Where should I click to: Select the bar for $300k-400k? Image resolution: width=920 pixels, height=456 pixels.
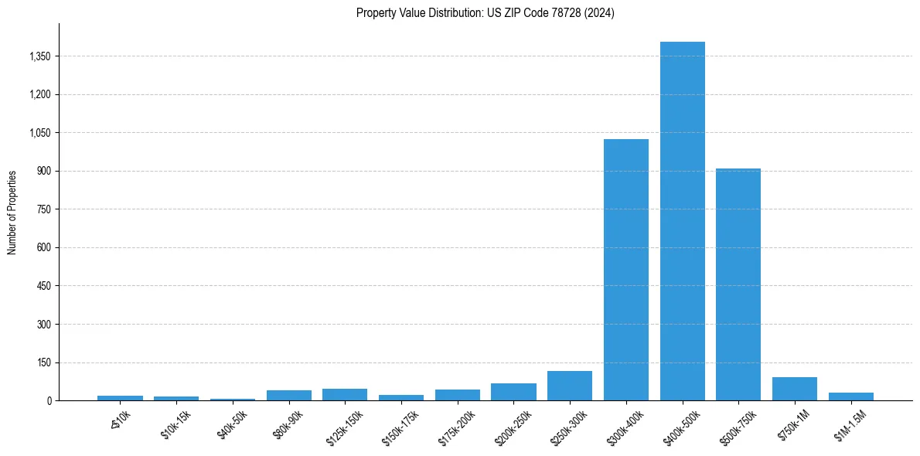click(626, 270)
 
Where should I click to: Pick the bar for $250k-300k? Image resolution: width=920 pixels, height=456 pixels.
click(570, 386)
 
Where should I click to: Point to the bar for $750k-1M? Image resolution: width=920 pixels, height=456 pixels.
click(795, 389)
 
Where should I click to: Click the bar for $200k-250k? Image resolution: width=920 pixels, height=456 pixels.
click(513, 392)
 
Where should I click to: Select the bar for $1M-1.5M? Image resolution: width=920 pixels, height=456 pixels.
click(851, 396)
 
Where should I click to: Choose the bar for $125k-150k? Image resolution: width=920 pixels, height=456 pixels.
click(345, 394)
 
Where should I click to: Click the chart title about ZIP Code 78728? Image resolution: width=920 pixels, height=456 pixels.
click(486, 13)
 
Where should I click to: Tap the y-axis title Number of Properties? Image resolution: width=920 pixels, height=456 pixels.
click(12, 213)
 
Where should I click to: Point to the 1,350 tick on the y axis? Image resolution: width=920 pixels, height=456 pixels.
click(39, 56)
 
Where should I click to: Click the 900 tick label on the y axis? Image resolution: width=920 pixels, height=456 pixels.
click(43, 171)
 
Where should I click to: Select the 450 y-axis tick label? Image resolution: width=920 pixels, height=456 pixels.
click(43, 286)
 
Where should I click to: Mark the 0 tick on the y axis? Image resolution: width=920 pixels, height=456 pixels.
click(48, 400)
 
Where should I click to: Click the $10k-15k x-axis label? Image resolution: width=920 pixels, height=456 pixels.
click(175, 424)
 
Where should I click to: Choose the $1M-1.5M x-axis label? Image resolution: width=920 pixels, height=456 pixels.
click(850, 425)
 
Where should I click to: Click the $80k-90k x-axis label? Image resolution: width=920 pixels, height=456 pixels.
click(288, 424)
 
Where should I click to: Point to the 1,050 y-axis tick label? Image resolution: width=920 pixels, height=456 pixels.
click(39, 133)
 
